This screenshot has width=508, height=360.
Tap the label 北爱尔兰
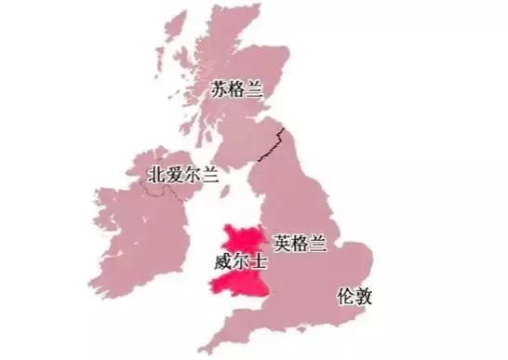click(183, 174)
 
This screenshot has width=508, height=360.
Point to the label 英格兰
click(300, 242)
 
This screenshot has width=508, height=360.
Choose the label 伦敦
click(355, 298)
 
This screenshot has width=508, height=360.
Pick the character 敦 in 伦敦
click(365, 298)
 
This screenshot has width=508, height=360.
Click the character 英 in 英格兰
click(282, 242)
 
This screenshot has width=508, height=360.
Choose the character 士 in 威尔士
click(259, 263)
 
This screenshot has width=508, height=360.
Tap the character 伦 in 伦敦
click(346, 298)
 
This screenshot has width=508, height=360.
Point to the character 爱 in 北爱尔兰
click(175, 174)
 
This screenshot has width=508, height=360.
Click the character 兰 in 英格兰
click(317, 242)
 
